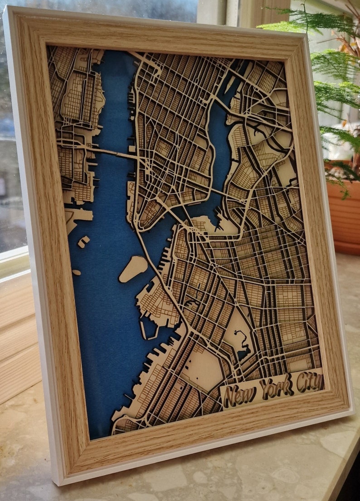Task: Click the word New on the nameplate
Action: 240,396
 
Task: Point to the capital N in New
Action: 231,397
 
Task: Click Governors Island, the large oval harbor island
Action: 133,268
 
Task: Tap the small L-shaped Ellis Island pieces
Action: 83,241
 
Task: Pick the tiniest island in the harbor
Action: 76,273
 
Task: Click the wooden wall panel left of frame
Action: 18,340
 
